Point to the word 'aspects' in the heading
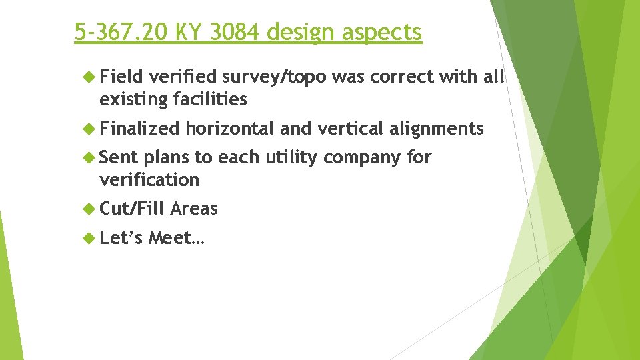386,32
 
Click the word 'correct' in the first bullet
401,77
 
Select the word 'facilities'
209,100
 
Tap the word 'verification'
149,180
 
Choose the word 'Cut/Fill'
132,209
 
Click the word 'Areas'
194,209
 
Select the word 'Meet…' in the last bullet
177,238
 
